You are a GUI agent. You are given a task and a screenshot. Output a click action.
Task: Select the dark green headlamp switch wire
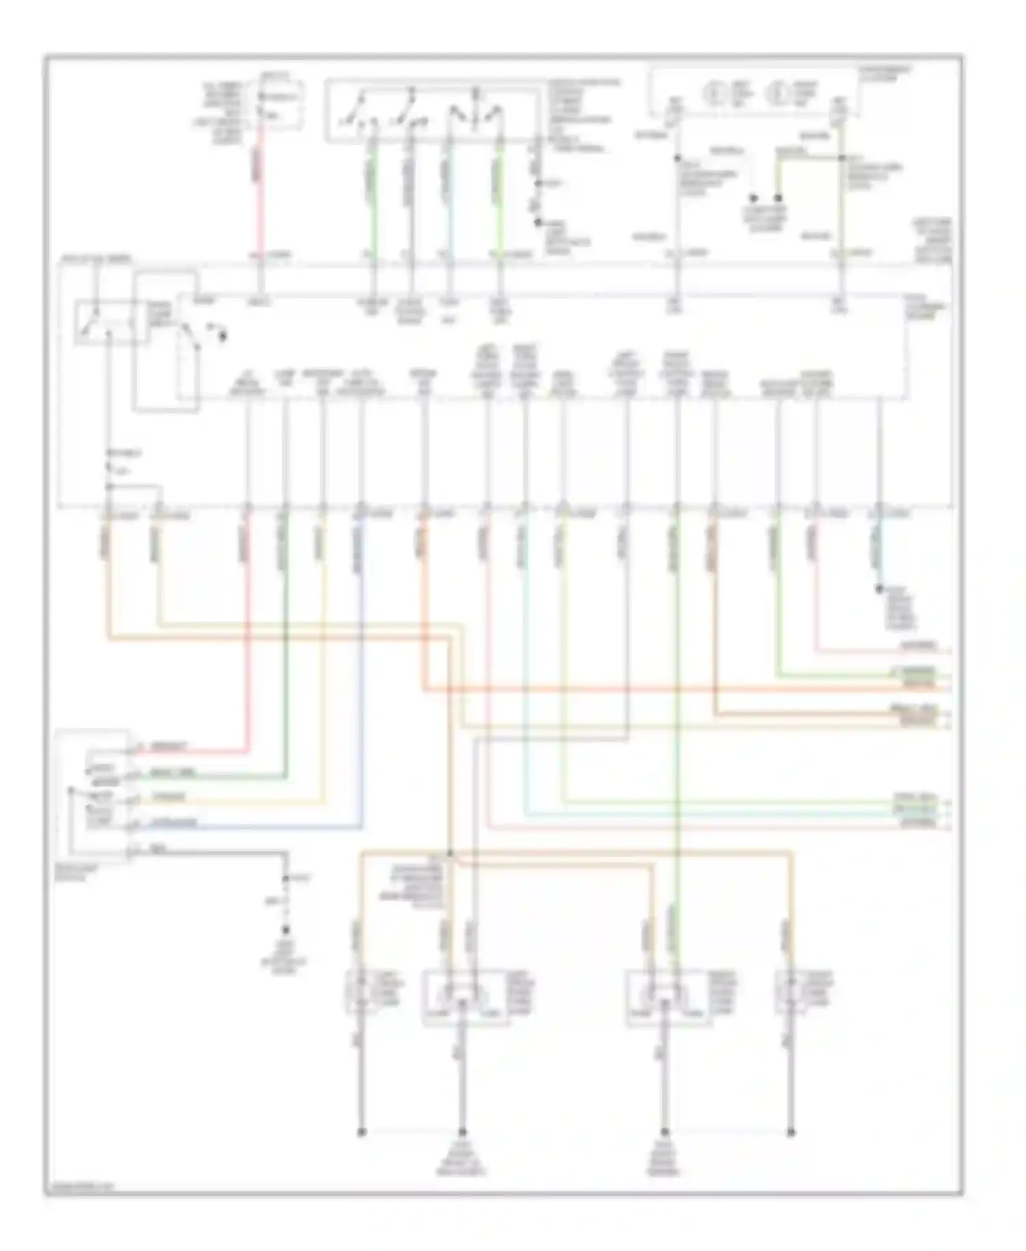(x=226, y=776)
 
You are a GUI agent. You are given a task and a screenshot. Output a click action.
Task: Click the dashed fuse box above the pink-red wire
(x=280, y=105)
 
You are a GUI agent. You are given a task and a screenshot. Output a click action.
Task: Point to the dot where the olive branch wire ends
(x=778, y=198)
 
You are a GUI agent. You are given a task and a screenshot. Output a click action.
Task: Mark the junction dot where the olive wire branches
(x=841, y=157)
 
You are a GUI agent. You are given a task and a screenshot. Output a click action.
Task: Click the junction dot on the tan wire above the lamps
(x=450, y=853)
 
